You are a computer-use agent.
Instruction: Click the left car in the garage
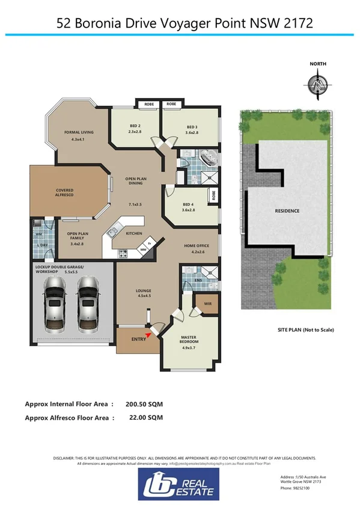52,303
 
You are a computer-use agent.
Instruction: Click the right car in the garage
87,303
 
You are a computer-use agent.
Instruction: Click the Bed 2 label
135,128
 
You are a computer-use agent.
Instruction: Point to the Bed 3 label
192,129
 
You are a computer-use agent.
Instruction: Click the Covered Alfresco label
65,193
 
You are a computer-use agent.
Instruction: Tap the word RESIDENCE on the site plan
287,211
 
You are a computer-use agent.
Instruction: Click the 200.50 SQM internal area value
144,404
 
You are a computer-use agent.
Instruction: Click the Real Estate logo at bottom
180,484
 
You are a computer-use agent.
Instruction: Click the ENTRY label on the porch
138,340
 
